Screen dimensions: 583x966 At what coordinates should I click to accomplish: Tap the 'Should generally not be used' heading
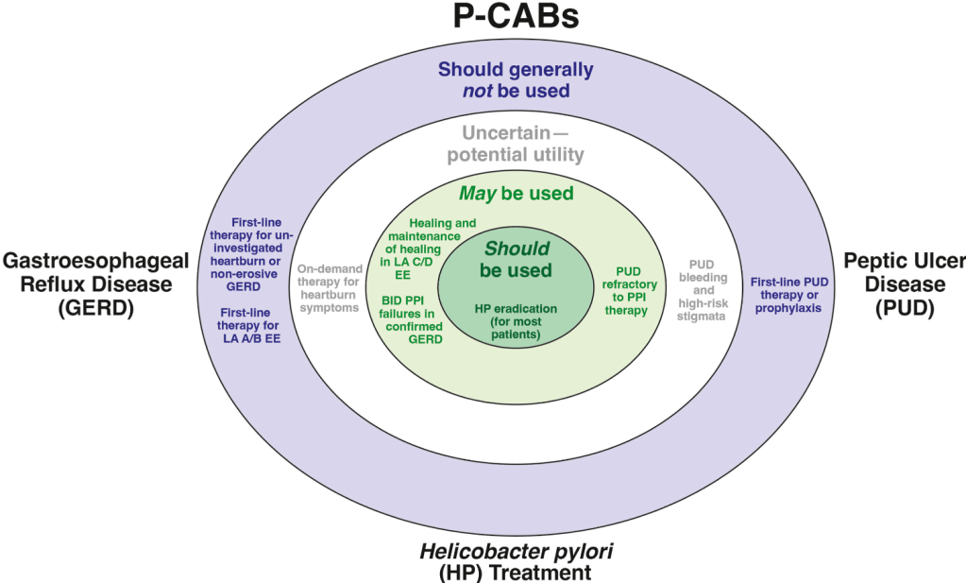pyautogui.click(x=516, y=80)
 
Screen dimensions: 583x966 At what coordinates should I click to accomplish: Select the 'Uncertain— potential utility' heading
pyautogui.click(x=523, y=145)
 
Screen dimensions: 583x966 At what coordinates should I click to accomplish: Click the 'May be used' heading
pyautogui.click(x=516, y=194)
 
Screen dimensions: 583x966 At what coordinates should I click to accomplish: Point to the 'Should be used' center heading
pyautogui.click(x=516, y=260)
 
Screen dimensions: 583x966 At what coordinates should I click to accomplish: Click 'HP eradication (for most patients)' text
pyautogui.click(x=516, y=320)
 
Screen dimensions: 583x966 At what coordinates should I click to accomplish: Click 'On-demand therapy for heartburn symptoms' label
pyautogui.click(x=328, y=287)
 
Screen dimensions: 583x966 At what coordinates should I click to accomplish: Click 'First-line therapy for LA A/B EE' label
pyautogui.click(x=251, y=325)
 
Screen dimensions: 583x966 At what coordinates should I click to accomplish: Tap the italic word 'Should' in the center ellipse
pyautogui.click(x=516, y=249)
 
